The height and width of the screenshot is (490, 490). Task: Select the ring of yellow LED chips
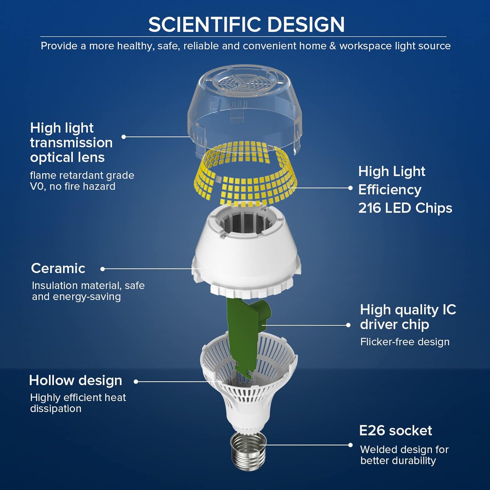248,183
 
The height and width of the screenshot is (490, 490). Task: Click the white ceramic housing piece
247,255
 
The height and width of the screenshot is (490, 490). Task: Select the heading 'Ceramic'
58,269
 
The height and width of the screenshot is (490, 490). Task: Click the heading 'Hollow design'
75,381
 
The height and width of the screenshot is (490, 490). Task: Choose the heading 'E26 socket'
395,431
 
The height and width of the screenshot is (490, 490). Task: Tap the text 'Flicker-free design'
405,342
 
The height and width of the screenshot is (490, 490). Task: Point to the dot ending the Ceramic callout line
103,269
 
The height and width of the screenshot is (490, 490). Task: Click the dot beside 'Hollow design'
136,382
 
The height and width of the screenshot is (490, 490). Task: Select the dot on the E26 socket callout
350,445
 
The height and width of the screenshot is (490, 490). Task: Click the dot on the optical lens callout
123,137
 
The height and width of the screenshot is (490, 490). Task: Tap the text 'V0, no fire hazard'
73,187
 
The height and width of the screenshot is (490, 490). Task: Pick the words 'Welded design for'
404,450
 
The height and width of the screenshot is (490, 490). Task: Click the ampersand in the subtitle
333,46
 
